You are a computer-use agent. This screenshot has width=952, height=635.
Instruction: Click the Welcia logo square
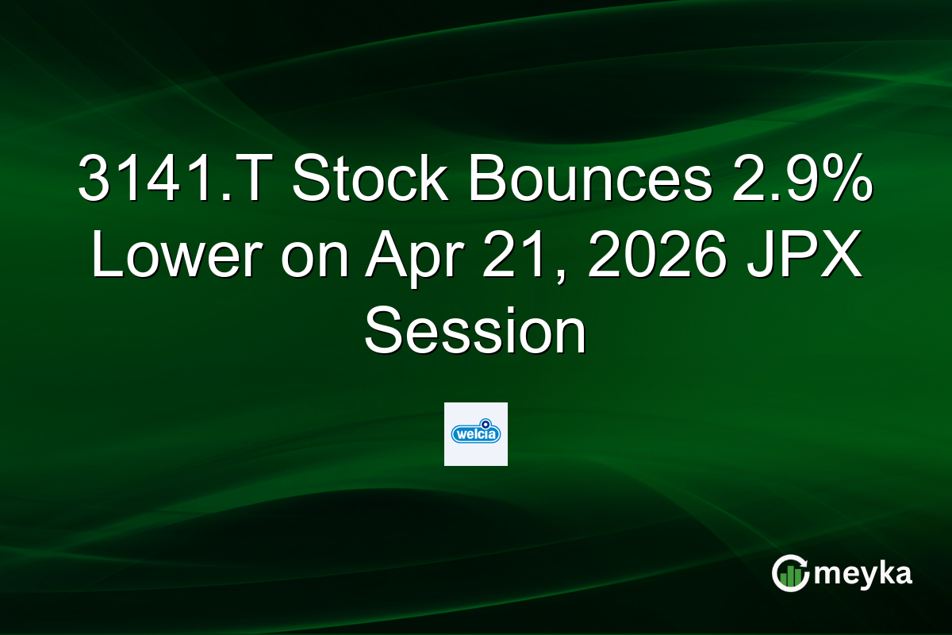tap(476, 434)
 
